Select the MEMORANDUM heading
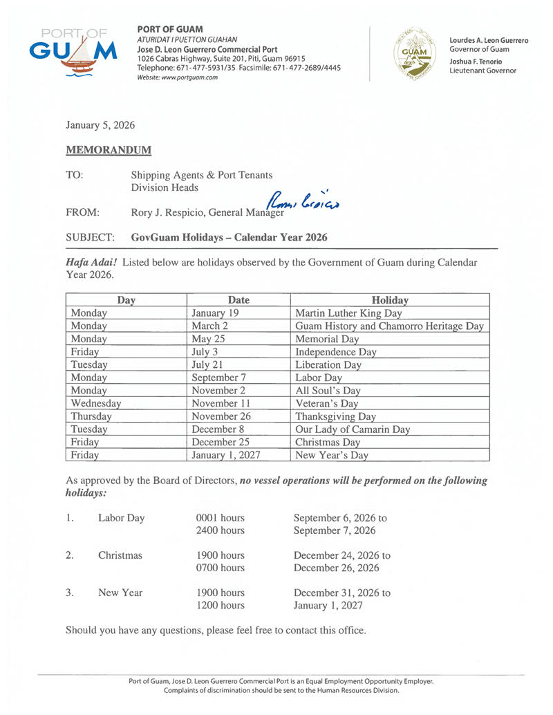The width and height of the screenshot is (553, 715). pos(109,149)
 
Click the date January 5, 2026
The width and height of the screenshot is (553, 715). pos(100,125)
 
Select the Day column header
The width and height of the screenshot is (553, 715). pos(126,300)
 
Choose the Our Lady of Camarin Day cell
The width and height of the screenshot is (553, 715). pos(353,429)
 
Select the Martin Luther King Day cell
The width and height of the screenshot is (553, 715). pos(354,313)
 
